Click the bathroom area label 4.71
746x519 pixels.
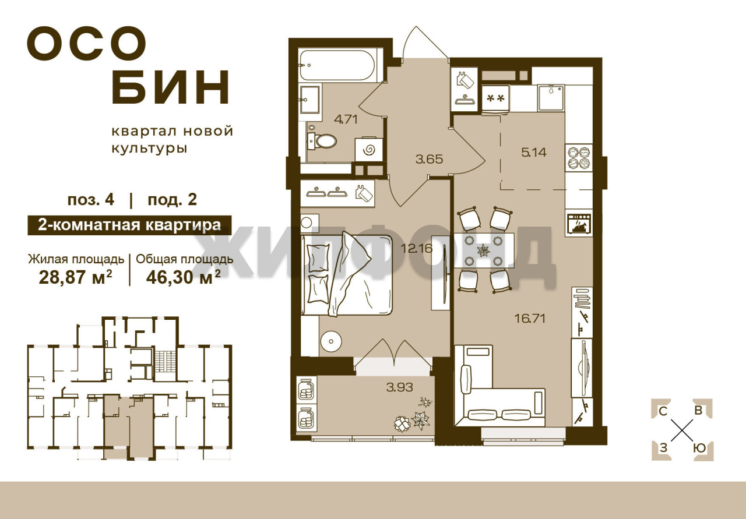[346, 119]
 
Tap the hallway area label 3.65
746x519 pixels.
[430, 159]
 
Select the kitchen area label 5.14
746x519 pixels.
[534, 153]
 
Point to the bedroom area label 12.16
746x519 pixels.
[417, 248]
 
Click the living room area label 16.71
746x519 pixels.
[530, 319]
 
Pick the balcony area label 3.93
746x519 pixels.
[400, 387]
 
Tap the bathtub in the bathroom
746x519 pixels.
[339, 66]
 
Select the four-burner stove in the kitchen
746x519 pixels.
[579, 157]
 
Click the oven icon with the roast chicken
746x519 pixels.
[579, 224]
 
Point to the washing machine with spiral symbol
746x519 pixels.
[369, 150]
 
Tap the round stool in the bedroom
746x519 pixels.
[331, 341]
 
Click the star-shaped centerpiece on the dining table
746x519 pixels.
[482, 250]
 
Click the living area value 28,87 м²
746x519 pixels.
[75, 277]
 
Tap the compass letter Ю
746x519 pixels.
[701, 448]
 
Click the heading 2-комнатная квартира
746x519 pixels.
[129, 225]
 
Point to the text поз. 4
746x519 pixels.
[91, 200]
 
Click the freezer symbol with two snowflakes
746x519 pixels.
[495, 98]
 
